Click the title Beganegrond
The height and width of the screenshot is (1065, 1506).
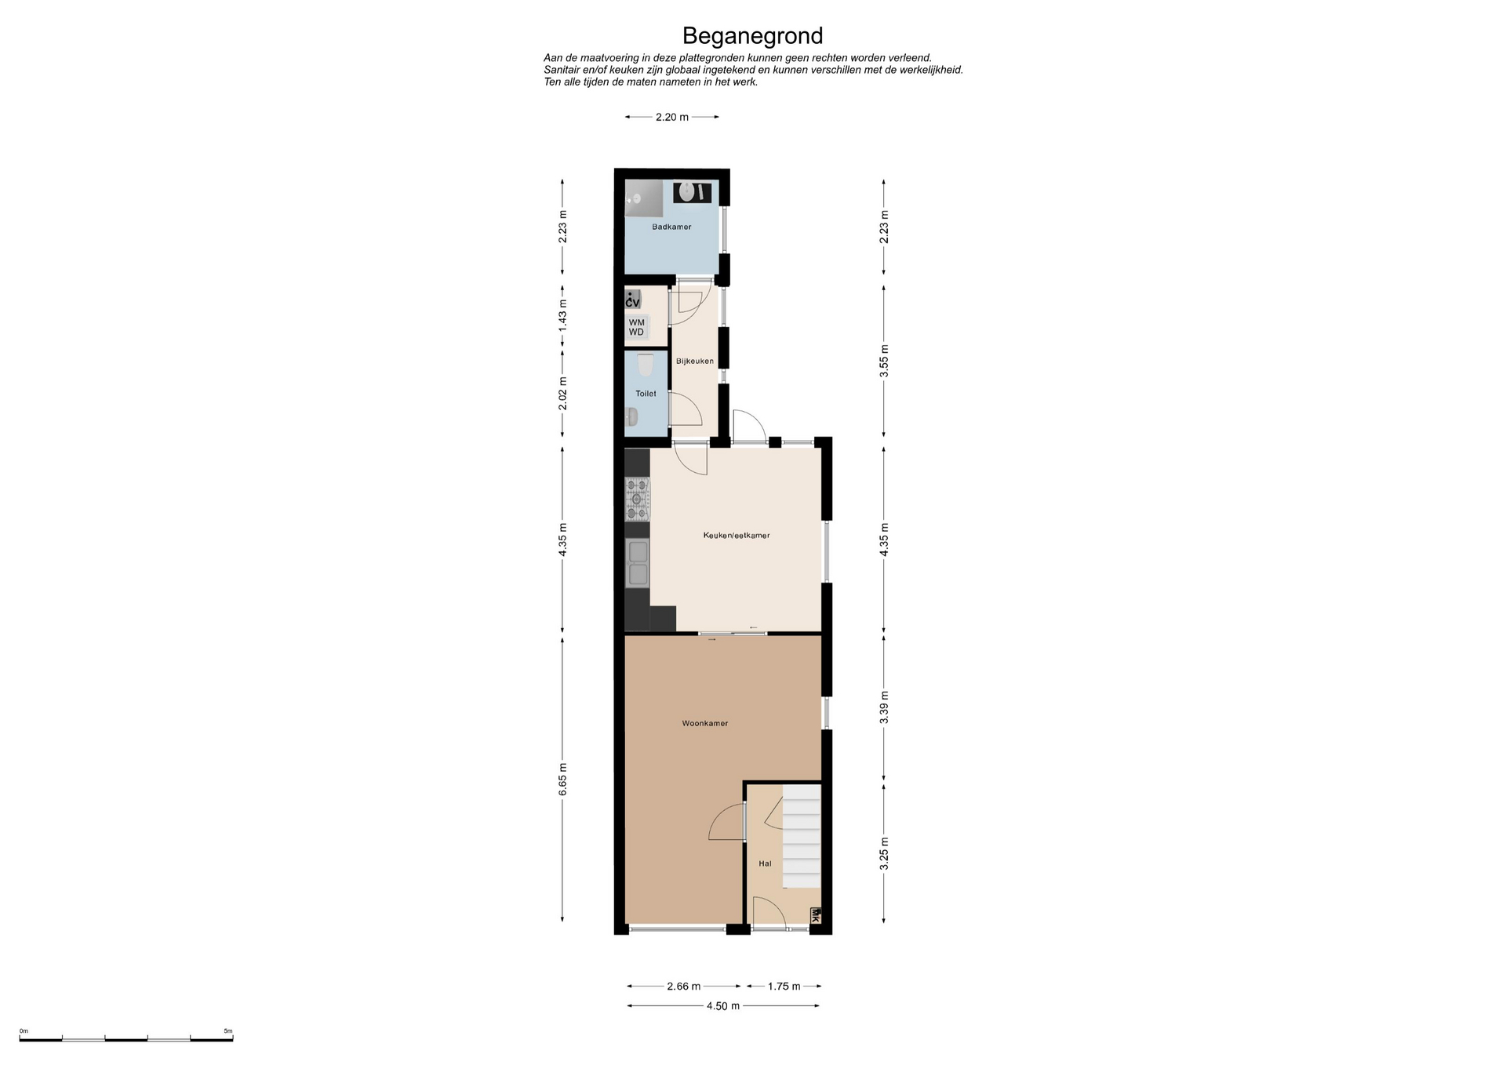tap(752, 36)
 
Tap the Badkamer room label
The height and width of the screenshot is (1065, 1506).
tap(671, 227)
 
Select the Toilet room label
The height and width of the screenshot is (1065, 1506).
tap(646, 394)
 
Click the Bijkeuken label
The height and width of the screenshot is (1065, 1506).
tap(695, 361)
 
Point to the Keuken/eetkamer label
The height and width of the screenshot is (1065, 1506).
tap(737, 536)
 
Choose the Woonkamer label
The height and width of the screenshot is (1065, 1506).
tap(705, 723)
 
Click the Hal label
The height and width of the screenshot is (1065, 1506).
tap(765, 863)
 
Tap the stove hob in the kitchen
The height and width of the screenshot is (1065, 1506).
tap(637, 499)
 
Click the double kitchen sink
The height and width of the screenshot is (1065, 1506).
tap(637, 562)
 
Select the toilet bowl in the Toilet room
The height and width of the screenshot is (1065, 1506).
tap(645, 365)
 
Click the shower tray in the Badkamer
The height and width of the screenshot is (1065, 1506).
tap(643, 198)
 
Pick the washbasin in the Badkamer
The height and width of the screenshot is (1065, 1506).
tap(693, 192)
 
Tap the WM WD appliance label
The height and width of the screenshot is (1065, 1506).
tap(636, 327)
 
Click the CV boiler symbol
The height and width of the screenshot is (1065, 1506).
tap(633, 300)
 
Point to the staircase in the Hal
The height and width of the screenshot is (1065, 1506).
tap(802, 837)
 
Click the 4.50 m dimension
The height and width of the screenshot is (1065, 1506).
tap(723, 1006)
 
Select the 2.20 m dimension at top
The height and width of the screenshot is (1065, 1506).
tap(672, 117)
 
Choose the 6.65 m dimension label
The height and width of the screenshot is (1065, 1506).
tap(562, 780)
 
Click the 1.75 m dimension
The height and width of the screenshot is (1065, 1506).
tap(784, 987)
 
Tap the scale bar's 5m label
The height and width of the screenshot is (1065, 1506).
tap(228, 1031)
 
